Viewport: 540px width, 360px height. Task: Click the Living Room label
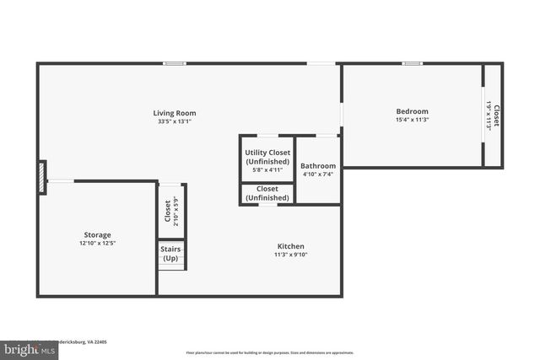click(175, 112)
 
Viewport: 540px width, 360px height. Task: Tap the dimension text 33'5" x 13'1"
click(175, 121)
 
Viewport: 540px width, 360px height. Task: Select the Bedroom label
click(412, 111)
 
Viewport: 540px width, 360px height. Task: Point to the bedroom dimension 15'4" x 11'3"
click(412, 121)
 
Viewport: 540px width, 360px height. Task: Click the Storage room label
click(97, 234)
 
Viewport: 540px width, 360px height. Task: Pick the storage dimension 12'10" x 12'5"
click(97, 244)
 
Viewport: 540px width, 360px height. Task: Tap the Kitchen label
click(290, 245)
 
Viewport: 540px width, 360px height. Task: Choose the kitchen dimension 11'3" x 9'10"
click(290, 255)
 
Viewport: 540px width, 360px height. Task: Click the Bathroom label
click(318, 166)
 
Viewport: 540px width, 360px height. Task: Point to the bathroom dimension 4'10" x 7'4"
click(318, 175)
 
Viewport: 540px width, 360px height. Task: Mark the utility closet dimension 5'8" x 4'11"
click(267, 170)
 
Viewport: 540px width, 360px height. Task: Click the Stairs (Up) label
click(170, 253)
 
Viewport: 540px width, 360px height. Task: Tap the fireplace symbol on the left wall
click(41, 177)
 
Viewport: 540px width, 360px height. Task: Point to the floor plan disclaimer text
click(270, 353)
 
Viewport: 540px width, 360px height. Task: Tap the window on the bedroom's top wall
click(412, 63)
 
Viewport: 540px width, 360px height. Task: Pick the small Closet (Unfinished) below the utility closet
click(267, 193)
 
